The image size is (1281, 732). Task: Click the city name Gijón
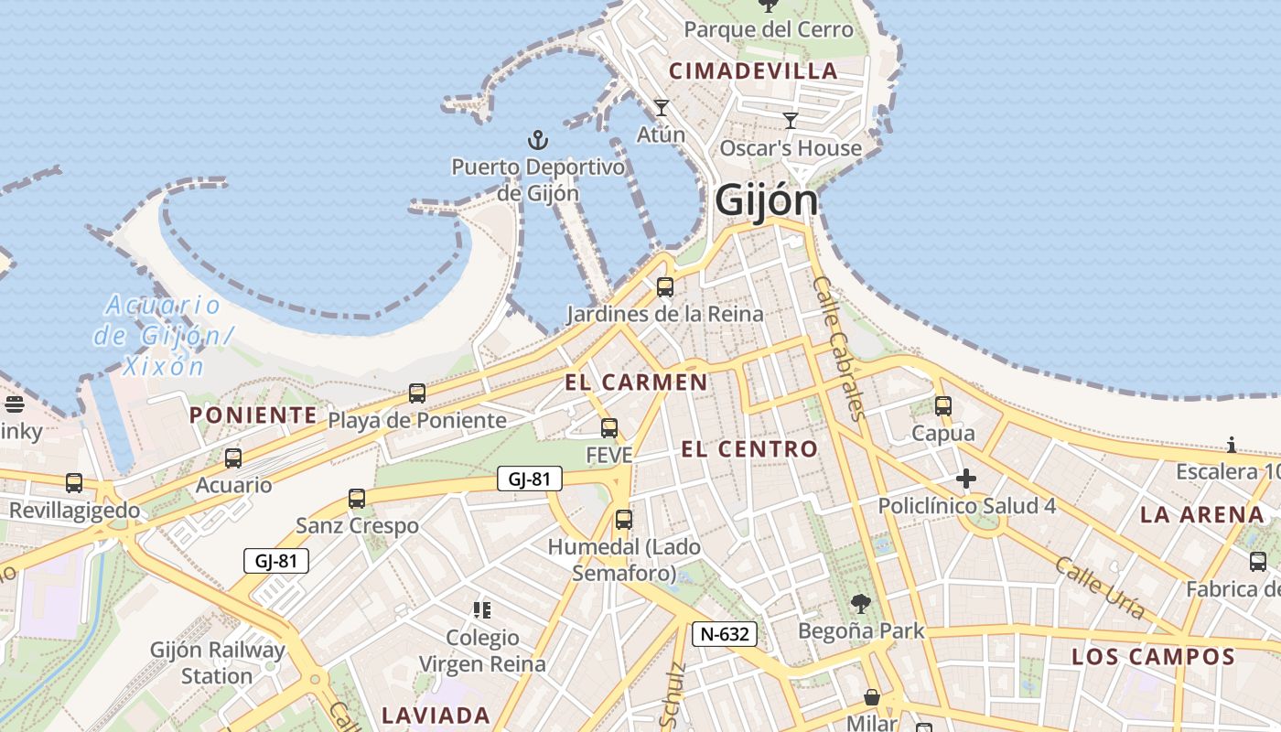click(x=766, y=199)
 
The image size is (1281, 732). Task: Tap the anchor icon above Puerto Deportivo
click(x=538, y=140)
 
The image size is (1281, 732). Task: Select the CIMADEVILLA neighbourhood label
click(x=753, y=70)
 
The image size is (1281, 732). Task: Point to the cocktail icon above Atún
click(x=662, y=108)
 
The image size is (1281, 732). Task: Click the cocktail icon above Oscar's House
click(x=791, y=120)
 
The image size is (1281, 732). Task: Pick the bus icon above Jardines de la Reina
click(x=665, y=287)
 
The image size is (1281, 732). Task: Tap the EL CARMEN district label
click(x=636, y=382)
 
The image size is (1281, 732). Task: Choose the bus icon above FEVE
click(x=609, y=428)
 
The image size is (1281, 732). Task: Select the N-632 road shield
click(x=725, y=634)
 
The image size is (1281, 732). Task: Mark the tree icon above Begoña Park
click(x=860, y=604)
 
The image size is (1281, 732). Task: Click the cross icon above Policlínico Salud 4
click(x=965, y=479)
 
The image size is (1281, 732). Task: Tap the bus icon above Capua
click(x=943, y=406)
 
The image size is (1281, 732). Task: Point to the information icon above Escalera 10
click(x=1232, y=446)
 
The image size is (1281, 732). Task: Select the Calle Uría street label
click(x=1099, y=587)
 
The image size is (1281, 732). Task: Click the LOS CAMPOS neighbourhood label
click(x=1153, y=656)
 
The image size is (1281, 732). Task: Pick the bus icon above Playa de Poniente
click(x=417, y=393)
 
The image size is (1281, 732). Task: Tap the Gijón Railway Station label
click(x=217, y=663)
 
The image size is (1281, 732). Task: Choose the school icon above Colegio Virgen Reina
click(x=482, y=609)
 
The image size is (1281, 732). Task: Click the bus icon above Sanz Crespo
click(x=357, y=499)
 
